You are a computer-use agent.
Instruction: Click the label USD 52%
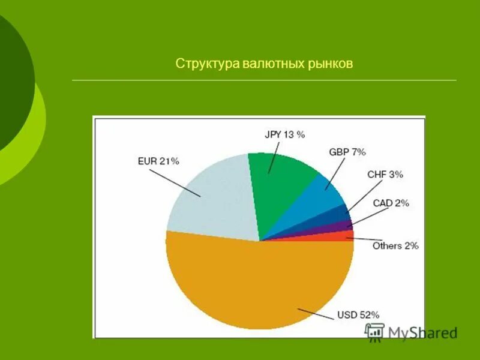[x=358, y=314]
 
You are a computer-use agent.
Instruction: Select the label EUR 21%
[x=158, y=161]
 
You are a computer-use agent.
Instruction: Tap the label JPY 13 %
[x=284, y=134]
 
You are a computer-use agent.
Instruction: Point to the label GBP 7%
[x=347, y=152]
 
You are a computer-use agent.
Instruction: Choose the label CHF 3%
[x=385, y=175]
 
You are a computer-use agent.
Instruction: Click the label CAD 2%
[x=391, y=203]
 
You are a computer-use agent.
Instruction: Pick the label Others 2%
[x=395, y=245]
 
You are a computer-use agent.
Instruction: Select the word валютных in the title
[x=272, y=63]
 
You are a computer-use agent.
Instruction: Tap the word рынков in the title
[x=329, y=63]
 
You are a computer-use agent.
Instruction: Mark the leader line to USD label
[x=314, y=313]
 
